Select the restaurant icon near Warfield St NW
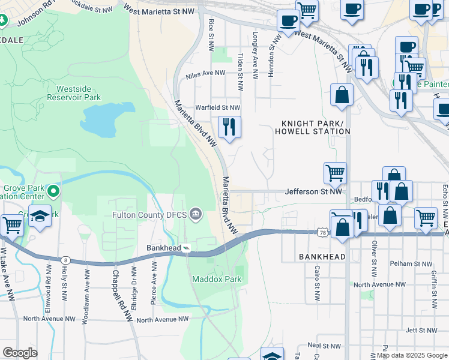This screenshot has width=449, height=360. click(x=229, y=127)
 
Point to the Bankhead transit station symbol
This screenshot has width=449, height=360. click(x=186, y=247)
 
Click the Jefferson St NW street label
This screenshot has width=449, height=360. click(x=313, y=192)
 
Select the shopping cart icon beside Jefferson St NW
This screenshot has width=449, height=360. click(x=336, y=173)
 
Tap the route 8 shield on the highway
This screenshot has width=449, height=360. click(x=64, y=259)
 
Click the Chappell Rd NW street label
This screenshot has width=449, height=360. click(x=122, y=295)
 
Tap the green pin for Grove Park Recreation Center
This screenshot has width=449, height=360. click(x=53, y=191)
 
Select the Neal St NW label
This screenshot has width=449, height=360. click(x=323, y=345)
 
